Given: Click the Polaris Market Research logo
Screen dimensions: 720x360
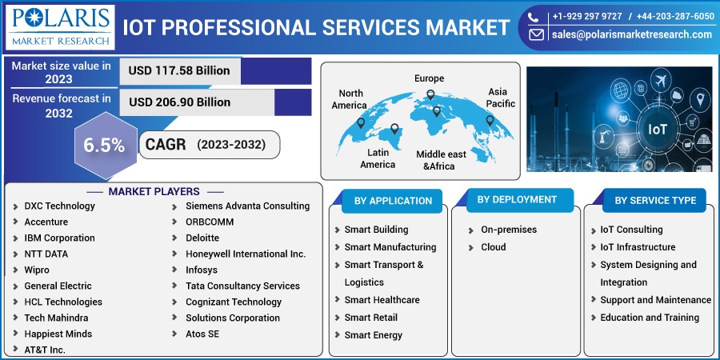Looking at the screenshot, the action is (60, 27).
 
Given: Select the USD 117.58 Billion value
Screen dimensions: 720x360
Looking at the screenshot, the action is (179, 70).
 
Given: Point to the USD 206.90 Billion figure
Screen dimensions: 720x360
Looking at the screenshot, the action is (179, 102).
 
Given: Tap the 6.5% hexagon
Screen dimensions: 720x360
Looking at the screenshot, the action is (105, 145).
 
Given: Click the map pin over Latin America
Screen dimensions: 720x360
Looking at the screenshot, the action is (394, 129).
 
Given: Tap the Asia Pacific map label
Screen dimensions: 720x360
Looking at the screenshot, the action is (500, 98).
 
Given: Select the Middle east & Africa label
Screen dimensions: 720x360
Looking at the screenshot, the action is (441, 160).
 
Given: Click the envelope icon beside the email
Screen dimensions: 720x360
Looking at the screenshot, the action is (536, 34).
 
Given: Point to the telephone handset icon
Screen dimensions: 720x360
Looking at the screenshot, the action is (533, 17).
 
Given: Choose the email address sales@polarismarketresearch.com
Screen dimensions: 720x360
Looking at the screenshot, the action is (632, 34).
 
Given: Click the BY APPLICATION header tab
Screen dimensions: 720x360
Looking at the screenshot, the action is (393, 201).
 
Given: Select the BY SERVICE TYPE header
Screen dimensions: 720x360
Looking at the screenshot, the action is (655, 201).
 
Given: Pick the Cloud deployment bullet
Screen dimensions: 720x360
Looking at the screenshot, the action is (493, 247).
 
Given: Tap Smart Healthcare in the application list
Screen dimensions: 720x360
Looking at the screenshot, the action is (382, 300).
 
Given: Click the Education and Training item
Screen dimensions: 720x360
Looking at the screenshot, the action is (650, 318).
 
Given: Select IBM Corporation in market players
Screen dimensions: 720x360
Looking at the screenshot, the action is (60, 238).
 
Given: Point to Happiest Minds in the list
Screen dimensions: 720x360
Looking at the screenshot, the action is (58, 334).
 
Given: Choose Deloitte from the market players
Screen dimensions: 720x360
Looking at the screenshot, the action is (202, 238).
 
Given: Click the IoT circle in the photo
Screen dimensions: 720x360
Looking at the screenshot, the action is (657, 129).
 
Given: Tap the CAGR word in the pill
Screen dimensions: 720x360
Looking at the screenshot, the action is (166, 145).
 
